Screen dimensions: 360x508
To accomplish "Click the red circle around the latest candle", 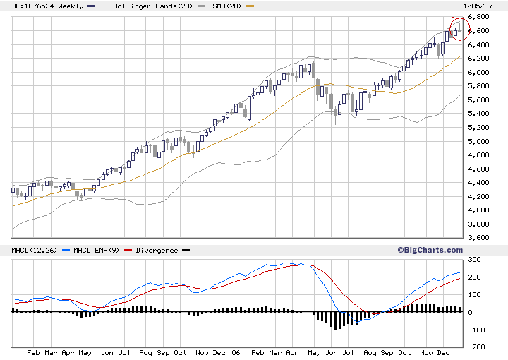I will point(459,28).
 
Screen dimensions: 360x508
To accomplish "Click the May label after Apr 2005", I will point(84,352).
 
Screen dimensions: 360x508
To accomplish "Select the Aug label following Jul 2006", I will point(368,352).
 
